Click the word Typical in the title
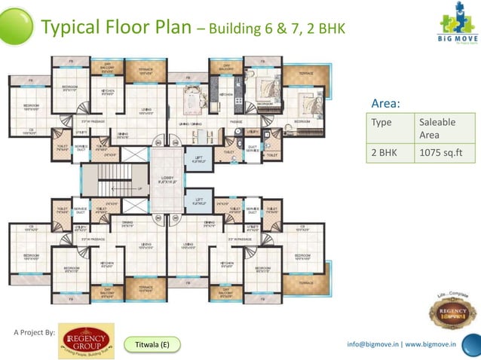click(x=72, y=28)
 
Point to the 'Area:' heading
click(x=386, y=104)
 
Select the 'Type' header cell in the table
click(x=382, y=121)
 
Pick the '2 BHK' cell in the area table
click(x=384, y=152)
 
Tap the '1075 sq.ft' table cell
click(x=440, y=152)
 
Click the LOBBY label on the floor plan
click(x=167, y=179)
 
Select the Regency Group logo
click(x=87, y=340)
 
